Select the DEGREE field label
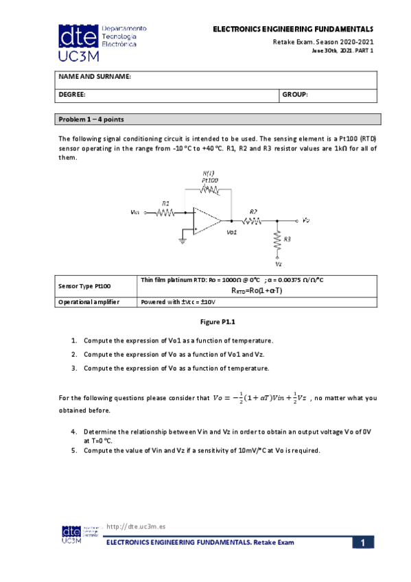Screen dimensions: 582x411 click(71, 95)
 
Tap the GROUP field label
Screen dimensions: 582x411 click(296, 95)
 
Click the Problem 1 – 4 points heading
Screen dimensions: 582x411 click(91, 119)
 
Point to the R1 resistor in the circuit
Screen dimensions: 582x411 click(165, 212)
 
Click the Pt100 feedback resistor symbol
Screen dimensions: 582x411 click(209, 189)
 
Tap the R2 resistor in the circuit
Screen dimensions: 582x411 click(253, 220)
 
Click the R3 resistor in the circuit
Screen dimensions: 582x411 click(277, 240)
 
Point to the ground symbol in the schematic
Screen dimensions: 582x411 click(183, 240)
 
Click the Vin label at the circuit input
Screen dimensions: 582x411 click(134, 213)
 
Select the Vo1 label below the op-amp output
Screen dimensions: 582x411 click(231, 233)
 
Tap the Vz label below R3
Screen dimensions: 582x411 click(278, 263)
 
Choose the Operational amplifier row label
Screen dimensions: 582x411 click(89, 301)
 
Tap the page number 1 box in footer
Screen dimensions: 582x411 click(364, 543)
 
